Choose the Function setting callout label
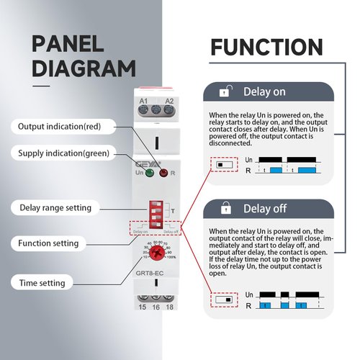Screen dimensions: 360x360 (49, 243)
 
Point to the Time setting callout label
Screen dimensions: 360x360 (42, 283)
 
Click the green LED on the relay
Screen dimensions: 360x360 (150, 173)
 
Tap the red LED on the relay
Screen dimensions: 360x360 (164, 173)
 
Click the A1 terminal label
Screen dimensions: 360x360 (143, 102)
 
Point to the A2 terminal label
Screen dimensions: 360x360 (169, 102)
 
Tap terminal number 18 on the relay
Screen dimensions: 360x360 (170, 307)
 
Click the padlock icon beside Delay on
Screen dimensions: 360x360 (226, 92)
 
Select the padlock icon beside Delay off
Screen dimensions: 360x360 (226, 209)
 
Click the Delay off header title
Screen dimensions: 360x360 (266, 209)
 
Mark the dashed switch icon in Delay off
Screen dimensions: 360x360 (226, 298)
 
